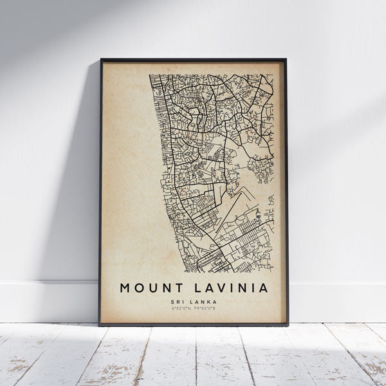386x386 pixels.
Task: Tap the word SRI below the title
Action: pyautogui.click(x=178, y=301)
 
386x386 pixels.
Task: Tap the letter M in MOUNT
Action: pyautogui.click(x=124, y=288)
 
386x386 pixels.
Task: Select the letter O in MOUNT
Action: pyautogui.click(x=137, y=288)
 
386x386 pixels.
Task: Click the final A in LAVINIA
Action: pyautogui.click(x=262, y=288)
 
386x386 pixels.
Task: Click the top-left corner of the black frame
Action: pyautogui.click(x=101, y=60)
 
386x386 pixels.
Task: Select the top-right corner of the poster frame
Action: pyautogui.click(x=286, y=59)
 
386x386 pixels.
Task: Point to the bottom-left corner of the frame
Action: pyautogui.click(x=100, y=325)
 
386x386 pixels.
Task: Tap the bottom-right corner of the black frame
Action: pyautogui.click(x=288, y=325)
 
